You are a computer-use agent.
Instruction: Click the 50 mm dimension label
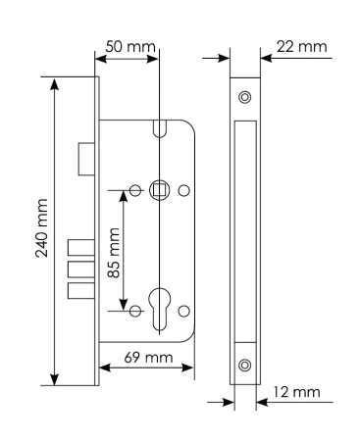click(130, 47)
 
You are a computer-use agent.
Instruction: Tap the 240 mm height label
click(41, 227)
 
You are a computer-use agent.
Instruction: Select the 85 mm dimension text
click(114, 253)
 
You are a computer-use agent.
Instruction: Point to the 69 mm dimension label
click(148, 357)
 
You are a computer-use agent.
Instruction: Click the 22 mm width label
click(301, 47)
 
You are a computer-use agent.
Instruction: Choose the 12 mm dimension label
click(296, 392)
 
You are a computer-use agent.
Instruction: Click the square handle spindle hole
click(160, 190)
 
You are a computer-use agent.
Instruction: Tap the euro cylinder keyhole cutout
click(159, 308)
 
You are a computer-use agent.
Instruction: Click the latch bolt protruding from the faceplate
click(86, 159)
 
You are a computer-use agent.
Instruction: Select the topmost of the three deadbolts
click(81, 247)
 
